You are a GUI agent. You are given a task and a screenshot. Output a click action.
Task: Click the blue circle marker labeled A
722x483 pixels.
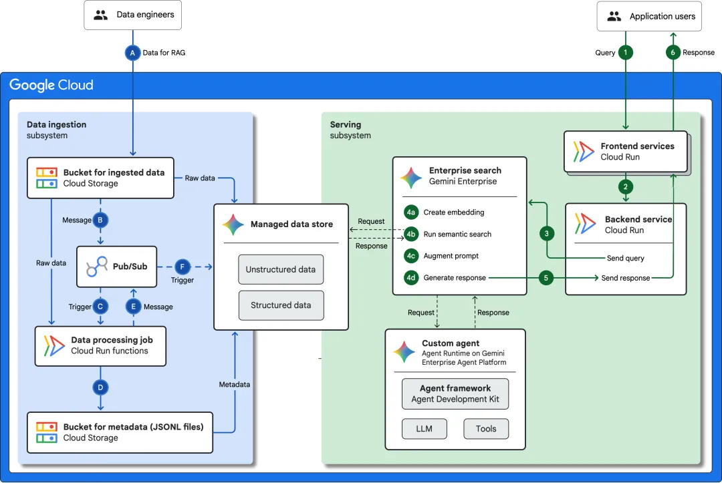(132, 53)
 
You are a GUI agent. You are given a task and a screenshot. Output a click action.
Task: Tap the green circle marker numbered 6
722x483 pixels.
(673, 52)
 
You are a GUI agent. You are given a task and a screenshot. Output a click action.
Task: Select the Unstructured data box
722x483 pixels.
(281, 270)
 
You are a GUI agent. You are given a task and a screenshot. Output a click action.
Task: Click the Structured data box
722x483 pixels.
(281, 305)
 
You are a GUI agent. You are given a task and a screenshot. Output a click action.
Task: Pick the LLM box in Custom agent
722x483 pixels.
(424, 429)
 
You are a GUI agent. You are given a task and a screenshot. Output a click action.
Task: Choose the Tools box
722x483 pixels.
(486, 429)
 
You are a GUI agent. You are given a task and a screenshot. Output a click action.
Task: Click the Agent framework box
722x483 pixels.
(455, 393)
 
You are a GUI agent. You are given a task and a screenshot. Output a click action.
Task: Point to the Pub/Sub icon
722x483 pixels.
(97, 267)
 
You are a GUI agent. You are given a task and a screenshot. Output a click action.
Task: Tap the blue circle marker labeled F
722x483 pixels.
(183, 267)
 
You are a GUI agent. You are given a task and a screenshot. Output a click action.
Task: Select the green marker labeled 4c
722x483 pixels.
(410, 256)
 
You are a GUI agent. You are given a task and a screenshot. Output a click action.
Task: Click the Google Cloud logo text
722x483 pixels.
(51, 85)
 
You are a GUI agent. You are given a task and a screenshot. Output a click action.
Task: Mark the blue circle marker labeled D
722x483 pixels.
(100, 387)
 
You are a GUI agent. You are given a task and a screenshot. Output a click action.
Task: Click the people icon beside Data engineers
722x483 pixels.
(100, 15)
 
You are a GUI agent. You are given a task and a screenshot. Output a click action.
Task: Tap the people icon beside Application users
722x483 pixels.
(614, 17)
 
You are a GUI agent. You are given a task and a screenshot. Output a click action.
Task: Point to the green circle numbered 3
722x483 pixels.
(547, 234)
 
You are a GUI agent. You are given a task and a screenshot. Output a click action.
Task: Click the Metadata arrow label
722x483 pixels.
(235, 385)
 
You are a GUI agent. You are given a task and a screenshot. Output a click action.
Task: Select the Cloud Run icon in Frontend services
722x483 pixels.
(584, 152)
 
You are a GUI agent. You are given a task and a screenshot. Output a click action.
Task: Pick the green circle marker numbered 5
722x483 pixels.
(546, 278)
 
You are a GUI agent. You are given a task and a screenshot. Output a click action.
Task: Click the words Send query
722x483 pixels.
(625, 258)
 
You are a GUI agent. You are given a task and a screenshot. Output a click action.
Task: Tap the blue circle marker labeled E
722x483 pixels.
(133, 307)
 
